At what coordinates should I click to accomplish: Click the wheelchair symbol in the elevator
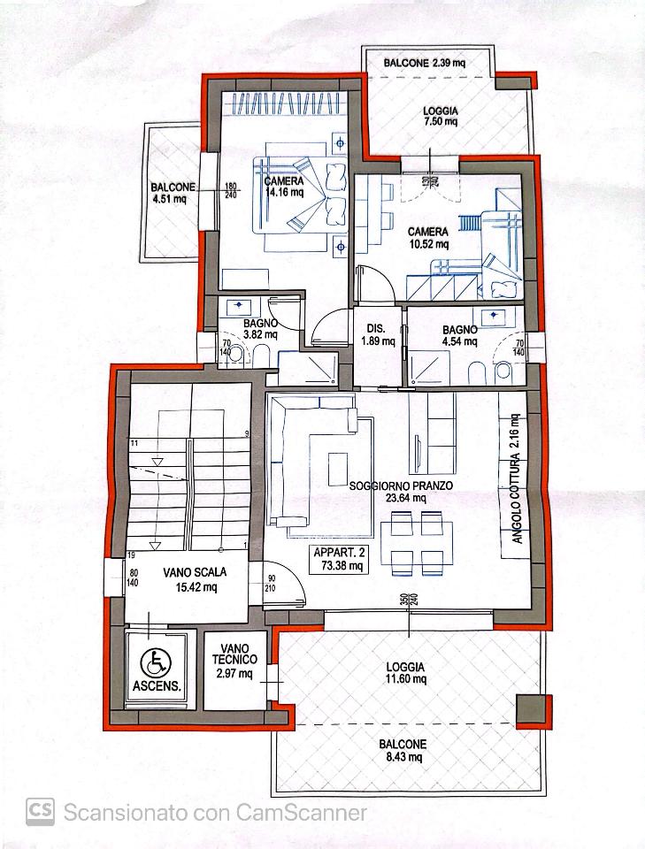156,662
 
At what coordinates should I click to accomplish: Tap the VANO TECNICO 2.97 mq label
234,661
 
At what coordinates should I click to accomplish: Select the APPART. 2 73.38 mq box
340,559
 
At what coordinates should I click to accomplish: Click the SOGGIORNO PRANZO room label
402,486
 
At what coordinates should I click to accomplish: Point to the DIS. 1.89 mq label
378,334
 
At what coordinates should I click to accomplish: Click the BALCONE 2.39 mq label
424,63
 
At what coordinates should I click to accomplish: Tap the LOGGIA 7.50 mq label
441,116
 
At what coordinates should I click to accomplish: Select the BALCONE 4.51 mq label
173,193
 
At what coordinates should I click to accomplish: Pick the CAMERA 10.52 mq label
428,238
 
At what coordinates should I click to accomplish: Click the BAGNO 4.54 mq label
460,335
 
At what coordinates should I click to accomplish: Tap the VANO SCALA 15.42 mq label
195,578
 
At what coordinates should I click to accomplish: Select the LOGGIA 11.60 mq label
405,673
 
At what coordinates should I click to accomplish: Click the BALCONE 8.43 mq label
403,751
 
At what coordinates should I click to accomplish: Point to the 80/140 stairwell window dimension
134,577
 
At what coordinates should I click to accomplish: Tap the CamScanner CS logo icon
40,812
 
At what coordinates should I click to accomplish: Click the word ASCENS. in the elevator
157,686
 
